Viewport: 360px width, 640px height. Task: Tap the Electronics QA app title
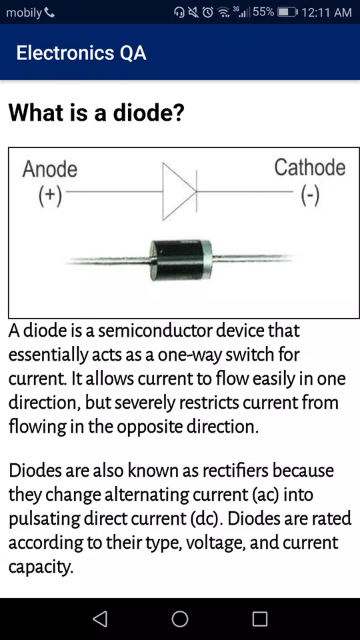(81, 53)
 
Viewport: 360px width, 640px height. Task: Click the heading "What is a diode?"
(96, 113)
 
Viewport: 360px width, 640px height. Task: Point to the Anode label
(50, 169)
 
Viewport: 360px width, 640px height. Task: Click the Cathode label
(310, 168)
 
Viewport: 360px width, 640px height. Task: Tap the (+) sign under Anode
(50, 195)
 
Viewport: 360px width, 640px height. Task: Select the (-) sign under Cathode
(310, 195)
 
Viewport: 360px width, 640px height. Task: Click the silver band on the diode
(207, 259)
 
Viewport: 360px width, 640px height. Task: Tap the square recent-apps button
(260, 619)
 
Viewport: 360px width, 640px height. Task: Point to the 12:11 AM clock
(327, 13)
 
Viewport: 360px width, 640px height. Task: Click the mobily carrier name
(24, 13)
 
